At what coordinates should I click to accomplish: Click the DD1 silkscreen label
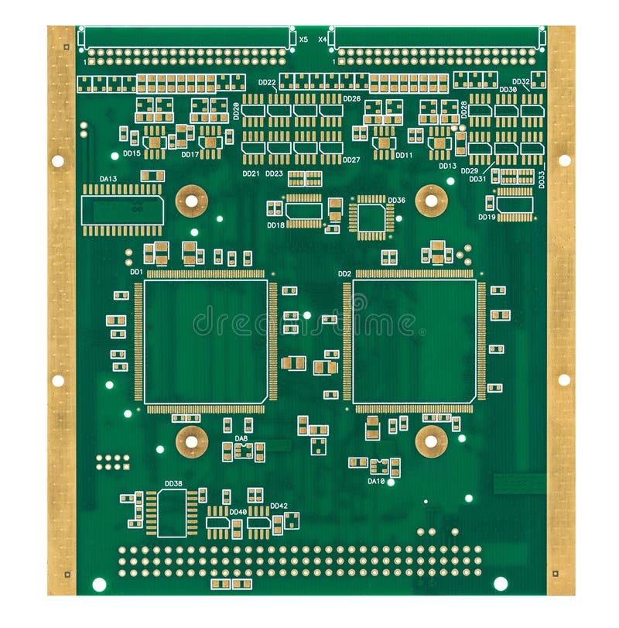click(x=135, y=272)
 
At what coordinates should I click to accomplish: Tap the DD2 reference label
click(x=344, y=273)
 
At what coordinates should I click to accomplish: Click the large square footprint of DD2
click(x=414, y=341)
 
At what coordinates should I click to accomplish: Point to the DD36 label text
click(x=396, y=201)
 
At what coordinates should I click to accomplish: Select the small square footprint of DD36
click(x=371, y=217)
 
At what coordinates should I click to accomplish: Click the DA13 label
click(x=108, y=179)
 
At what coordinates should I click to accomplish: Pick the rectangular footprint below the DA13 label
click(x=122, y=210)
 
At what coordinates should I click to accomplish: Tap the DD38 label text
click(x=173, y=484)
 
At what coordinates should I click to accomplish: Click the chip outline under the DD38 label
click(x=172, y=513)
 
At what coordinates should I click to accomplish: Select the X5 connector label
click(x=303, y=39)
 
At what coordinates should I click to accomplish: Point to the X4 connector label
click(x=323, y=39)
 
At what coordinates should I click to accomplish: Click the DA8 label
click(x=241, y=438)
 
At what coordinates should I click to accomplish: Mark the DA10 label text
click(x=376, y=481)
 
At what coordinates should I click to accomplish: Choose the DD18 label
click(x=275, y=225)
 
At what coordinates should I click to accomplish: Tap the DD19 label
click(x=487, y=218)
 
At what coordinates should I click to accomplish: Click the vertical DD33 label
click(x=542, y=179)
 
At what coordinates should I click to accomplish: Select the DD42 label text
click(x=279, y=506)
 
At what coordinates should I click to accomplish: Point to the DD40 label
click(x=238, y=512)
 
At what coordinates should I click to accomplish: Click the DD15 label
click(x=132, y=153)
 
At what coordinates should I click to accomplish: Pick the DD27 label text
click(x=351, y=160)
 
